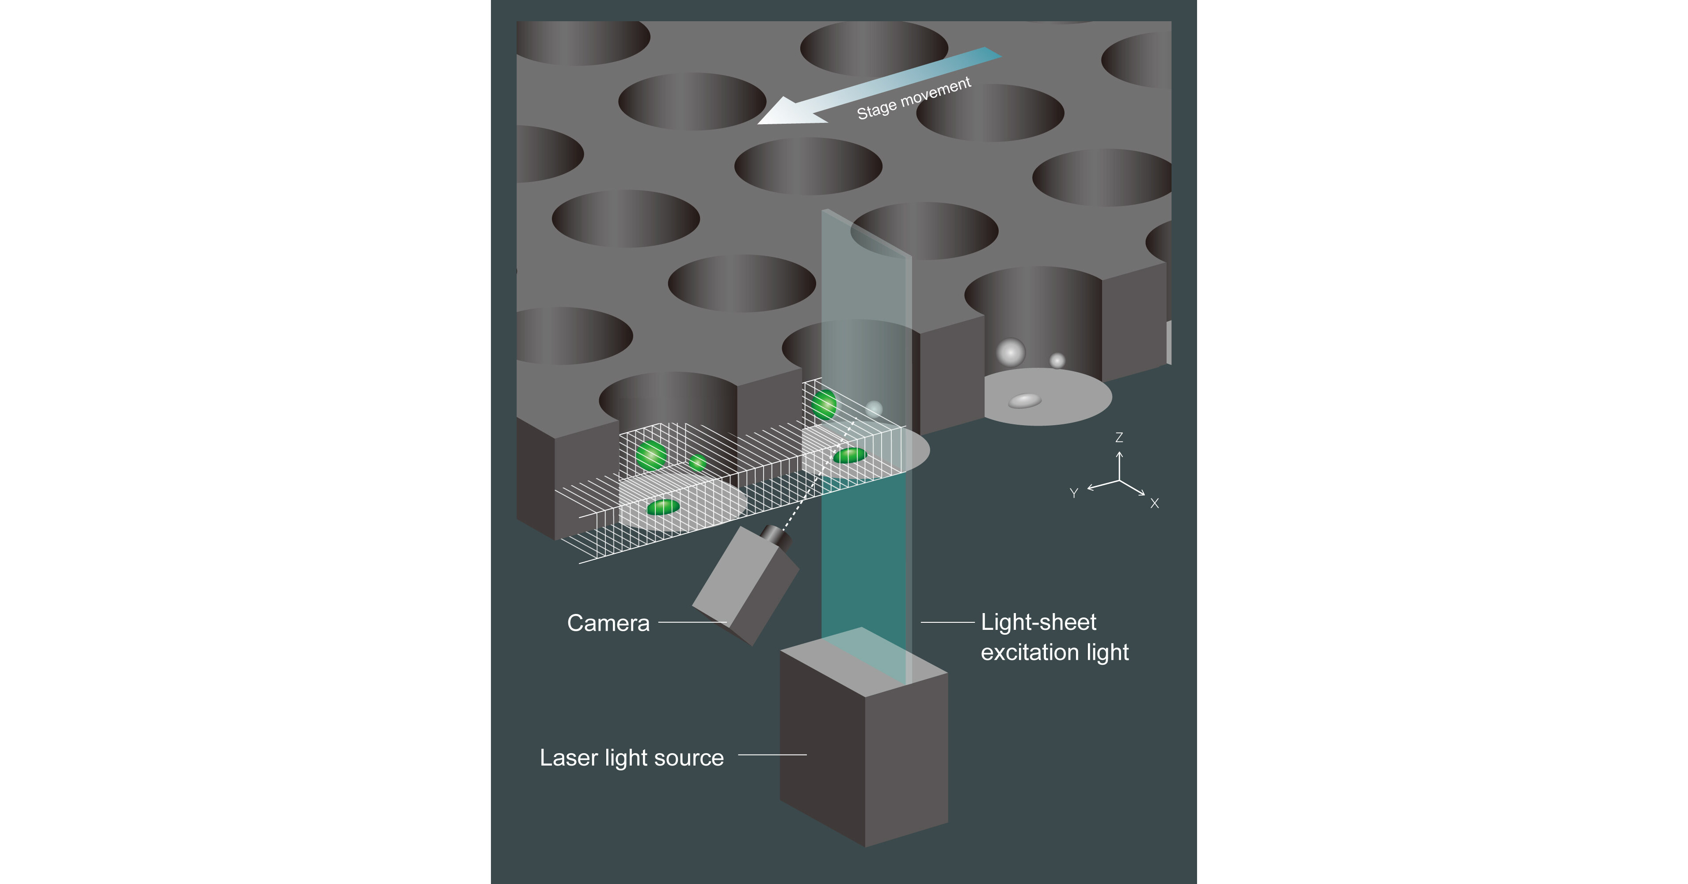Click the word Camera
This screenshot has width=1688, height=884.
[x=608, y=623]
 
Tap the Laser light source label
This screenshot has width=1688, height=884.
[x=631, y=758]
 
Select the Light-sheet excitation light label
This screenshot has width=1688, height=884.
[x=1054, y=637]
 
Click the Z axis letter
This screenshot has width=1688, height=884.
[x=1119, y=437]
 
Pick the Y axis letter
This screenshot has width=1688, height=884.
[x=1073, y=493]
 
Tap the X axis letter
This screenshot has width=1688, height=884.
[x=1155, y=503]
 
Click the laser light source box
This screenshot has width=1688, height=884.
[x=863, y=747]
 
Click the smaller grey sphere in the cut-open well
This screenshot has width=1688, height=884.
[x=1057, y=360]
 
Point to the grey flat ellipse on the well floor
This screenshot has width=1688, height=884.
[x=1024, y=400]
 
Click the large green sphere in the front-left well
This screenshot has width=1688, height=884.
[x=651, y=455]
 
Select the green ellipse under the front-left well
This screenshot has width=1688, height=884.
[x=663, y=507]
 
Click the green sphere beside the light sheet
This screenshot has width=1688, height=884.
[x=824, y=404]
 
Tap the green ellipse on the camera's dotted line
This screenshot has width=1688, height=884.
[x=850, y=455]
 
